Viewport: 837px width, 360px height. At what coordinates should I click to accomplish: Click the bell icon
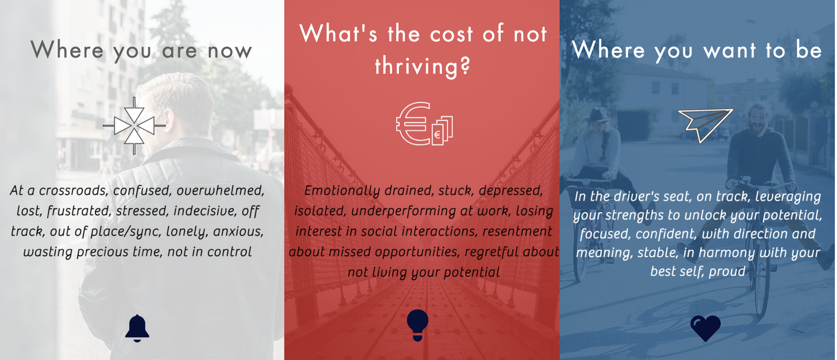pos(137,328)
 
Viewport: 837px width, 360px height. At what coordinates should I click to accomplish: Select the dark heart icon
pos(705,328)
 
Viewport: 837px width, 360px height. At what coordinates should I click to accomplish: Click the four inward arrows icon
pos(134,126)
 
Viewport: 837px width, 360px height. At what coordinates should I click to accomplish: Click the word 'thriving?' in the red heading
pos(423,67)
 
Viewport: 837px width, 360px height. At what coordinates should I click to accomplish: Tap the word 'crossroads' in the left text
pos(73,190)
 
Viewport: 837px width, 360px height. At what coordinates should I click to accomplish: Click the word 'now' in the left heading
pos(230,51)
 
